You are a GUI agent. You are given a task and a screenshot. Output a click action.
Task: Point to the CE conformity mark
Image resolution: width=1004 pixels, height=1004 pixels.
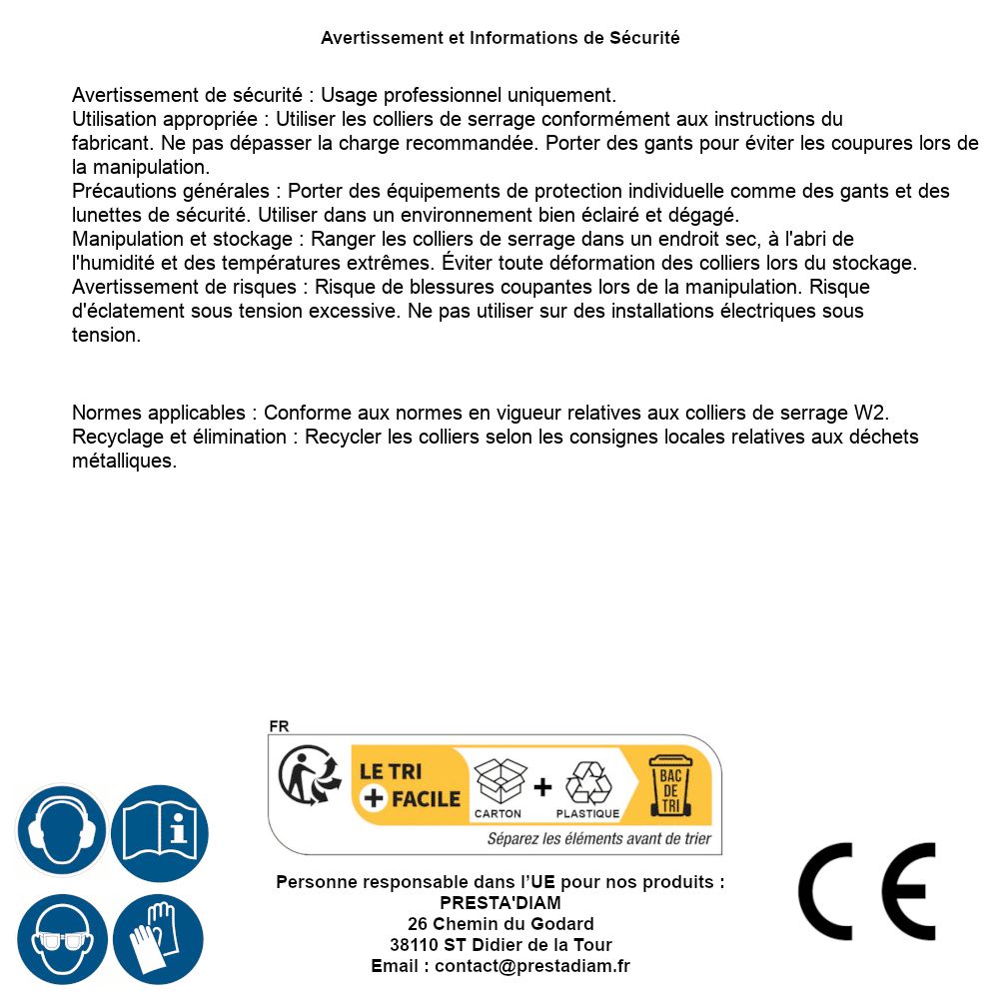(x=867, y=891)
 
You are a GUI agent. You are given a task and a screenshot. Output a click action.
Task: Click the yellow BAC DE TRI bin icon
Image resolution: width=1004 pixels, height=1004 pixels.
(x=669, y=785)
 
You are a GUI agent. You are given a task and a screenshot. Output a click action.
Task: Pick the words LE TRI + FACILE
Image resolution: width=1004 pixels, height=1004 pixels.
(x=410, y=785)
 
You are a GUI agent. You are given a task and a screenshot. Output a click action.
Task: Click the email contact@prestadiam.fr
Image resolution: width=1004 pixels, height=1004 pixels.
(x=532, y=966)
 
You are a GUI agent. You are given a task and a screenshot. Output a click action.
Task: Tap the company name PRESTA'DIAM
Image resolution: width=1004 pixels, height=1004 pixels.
(x=501, y=903)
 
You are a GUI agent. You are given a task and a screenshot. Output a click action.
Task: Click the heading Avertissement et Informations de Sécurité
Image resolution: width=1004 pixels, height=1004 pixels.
(x=501, y=38)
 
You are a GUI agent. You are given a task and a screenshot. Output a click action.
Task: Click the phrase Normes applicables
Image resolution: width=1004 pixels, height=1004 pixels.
(x=158, y=413)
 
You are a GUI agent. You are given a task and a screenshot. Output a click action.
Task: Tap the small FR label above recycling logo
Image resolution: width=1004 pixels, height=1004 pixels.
(x=279, y=726)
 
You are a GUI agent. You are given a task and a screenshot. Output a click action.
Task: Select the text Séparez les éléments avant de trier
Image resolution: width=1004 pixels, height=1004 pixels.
(x=598, y=839)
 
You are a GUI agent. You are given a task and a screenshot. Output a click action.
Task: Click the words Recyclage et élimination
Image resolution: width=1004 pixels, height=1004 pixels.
(x=181, y=437)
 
